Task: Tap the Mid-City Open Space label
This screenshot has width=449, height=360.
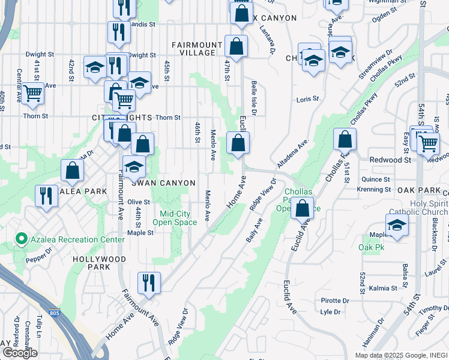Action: click(178, 218)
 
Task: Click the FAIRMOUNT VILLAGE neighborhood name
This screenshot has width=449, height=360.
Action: click(193, 49)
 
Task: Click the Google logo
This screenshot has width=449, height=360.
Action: click(20, 353)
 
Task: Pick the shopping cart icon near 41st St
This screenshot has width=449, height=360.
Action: click(32, 93)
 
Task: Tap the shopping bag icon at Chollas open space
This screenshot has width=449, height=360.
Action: click(303, 208)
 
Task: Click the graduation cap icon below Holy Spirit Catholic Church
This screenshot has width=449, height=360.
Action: click(397, 225)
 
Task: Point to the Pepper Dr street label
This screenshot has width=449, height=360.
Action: click(39, 259)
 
